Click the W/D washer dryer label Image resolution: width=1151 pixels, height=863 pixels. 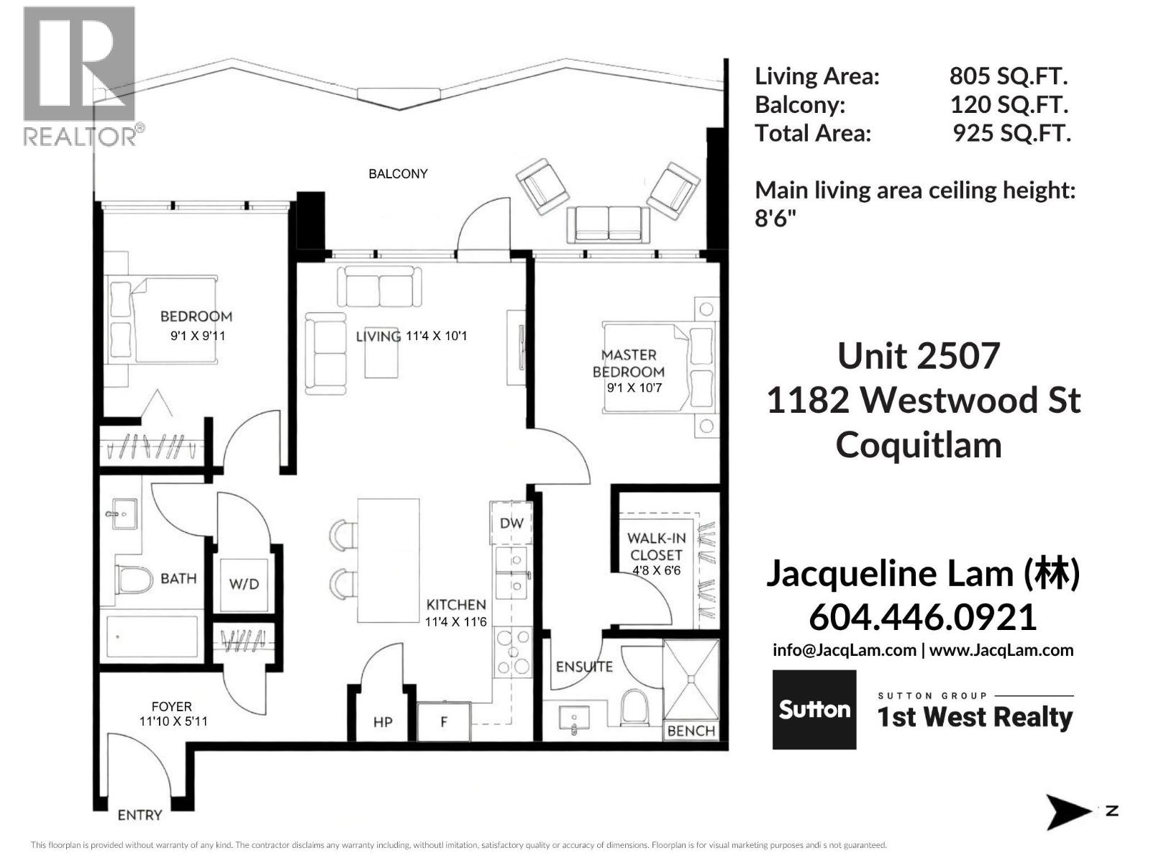(244, 584)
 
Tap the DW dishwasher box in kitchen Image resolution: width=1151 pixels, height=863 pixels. (511, 523)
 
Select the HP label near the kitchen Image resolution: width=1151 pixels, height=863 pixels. (383, 721)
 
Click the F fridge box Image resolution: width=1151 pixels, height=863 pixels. (444, 721)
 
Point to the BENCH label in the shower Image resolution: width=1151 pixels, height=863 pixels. (691, 731)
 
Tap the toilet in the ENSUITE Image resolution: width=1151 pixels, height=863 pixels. (635, 707)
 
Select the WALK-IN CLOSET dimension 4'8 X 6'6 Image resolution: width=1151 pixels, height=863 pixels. (656, 570)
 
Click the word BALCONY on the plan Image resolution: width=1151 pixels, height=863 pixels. (398, 174)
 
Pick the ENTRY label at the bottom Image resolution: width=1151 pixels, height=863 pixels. (140, 815)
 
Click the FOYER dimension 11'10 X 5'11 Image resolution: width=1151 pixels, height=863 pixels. (173, 721)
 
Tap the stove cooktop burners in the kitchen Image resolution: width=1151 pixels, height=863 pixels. (513, 652)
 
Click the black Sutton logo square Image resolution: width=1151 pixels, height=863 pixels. (814, 710)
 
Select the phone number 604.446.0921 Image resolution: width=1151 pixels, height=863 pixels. (923, 617)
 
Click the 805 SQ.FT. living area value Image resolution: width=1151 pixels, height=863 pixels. (1009, 76)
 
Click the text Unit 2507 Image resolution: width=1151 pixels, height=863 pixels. (919, 356)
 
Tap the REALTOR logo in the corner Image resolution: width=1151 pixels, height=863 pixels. (79, 76)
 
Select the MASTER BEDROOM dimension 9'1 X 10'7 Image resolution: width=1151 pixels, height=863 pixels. (634, 388)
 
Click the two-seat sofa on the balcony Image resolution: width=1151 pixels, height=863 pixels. (609, 222)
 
